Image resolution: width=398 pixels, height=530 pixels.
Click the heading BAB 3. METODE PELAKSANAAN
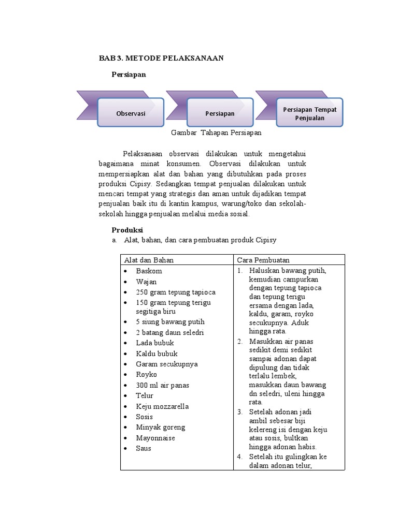[x=161, y=58]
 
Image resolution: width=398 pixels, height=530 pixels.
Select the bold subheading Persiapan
[x=129, y=75]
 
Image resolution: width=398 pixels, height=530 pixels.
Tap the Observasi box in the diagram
[x=131, y=113]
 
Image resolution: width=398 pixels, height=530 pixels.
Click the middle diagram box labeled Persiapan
[x=220, y=113]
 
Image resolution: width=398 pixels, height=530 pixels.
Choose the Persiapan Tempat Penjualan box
[x=309, y=113]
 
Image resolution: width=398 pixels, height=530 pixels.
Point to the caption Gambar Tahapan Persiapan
[x=216, y=132]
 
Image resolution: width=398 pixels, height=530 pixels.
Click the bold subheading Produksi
[x=127, y=230]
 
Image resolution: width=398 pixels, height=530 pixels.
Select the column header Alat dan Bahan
[x=148, y=260]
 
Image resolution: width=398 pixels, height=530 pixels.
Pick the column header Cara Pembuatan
[x=263, y=260]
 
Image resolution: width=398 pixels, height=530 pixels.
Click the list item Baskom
[x=149, y=271]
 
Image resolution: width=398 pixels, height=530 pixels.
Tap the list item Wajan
[x=147, y=282]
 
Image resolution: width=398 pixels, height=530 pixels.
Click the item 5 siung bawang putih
[x=170, y=322]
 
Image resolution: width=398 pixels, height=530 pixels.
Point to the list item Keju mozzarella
[x=162, y=406]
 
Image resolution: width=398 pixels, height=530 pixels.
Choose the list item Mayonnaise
[x=155, y=438]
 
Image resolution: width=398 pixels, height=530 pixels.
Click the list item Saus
[x=144, y=448]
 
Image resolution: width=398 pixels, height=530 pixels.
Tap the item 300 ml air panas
[x=162, y=385]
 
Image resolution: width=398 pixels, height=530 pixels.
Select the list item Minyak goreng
[x=160, y=427]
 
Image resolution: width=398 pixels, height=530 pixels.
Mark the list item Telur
[x=145, y=395]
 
